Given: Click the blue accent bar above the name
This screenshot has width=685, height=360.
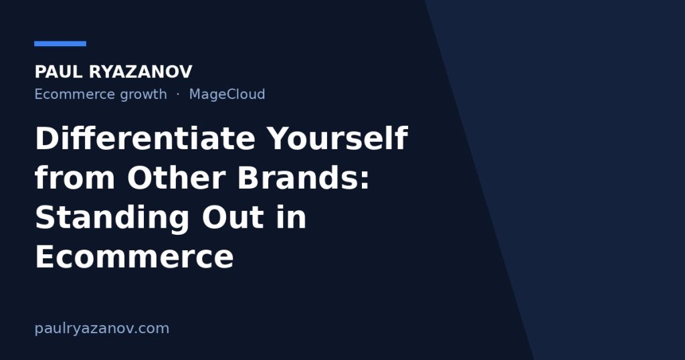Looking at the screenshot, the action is tap(60, 43).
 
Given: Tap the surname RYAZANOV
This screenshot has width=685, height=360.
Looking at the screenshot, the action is tap(140, 72).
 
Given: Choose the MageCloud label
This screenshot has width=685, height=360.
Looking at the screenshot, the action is tap(227, 95).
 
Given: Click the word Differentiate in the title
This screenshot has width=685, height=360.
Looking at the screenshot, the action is tap(145, 139).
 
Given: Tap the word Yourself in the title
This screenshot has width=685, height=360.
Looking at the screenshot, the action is tap(337, 139).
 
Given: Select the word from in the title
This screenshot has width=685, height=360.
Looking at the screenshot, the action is tap(75, 178).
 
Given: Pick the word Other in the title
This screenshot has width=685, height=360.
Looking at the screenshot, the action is tap(177, 178).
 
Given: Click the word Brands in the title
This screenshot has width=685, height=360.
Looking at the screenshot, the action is tap(298, 178).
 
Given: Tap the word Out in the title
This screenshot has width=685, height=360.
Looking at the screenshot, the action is tap(233, 217).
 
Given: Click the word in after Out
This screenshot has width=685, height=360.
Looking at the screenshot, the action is tap(291, 217).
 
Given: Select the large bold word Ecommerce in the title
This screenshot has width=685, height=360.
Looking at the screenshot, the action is tap(134, 256).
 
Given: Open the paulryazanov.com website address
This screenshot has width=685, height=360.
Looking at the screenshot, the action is tap(102, 329).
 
